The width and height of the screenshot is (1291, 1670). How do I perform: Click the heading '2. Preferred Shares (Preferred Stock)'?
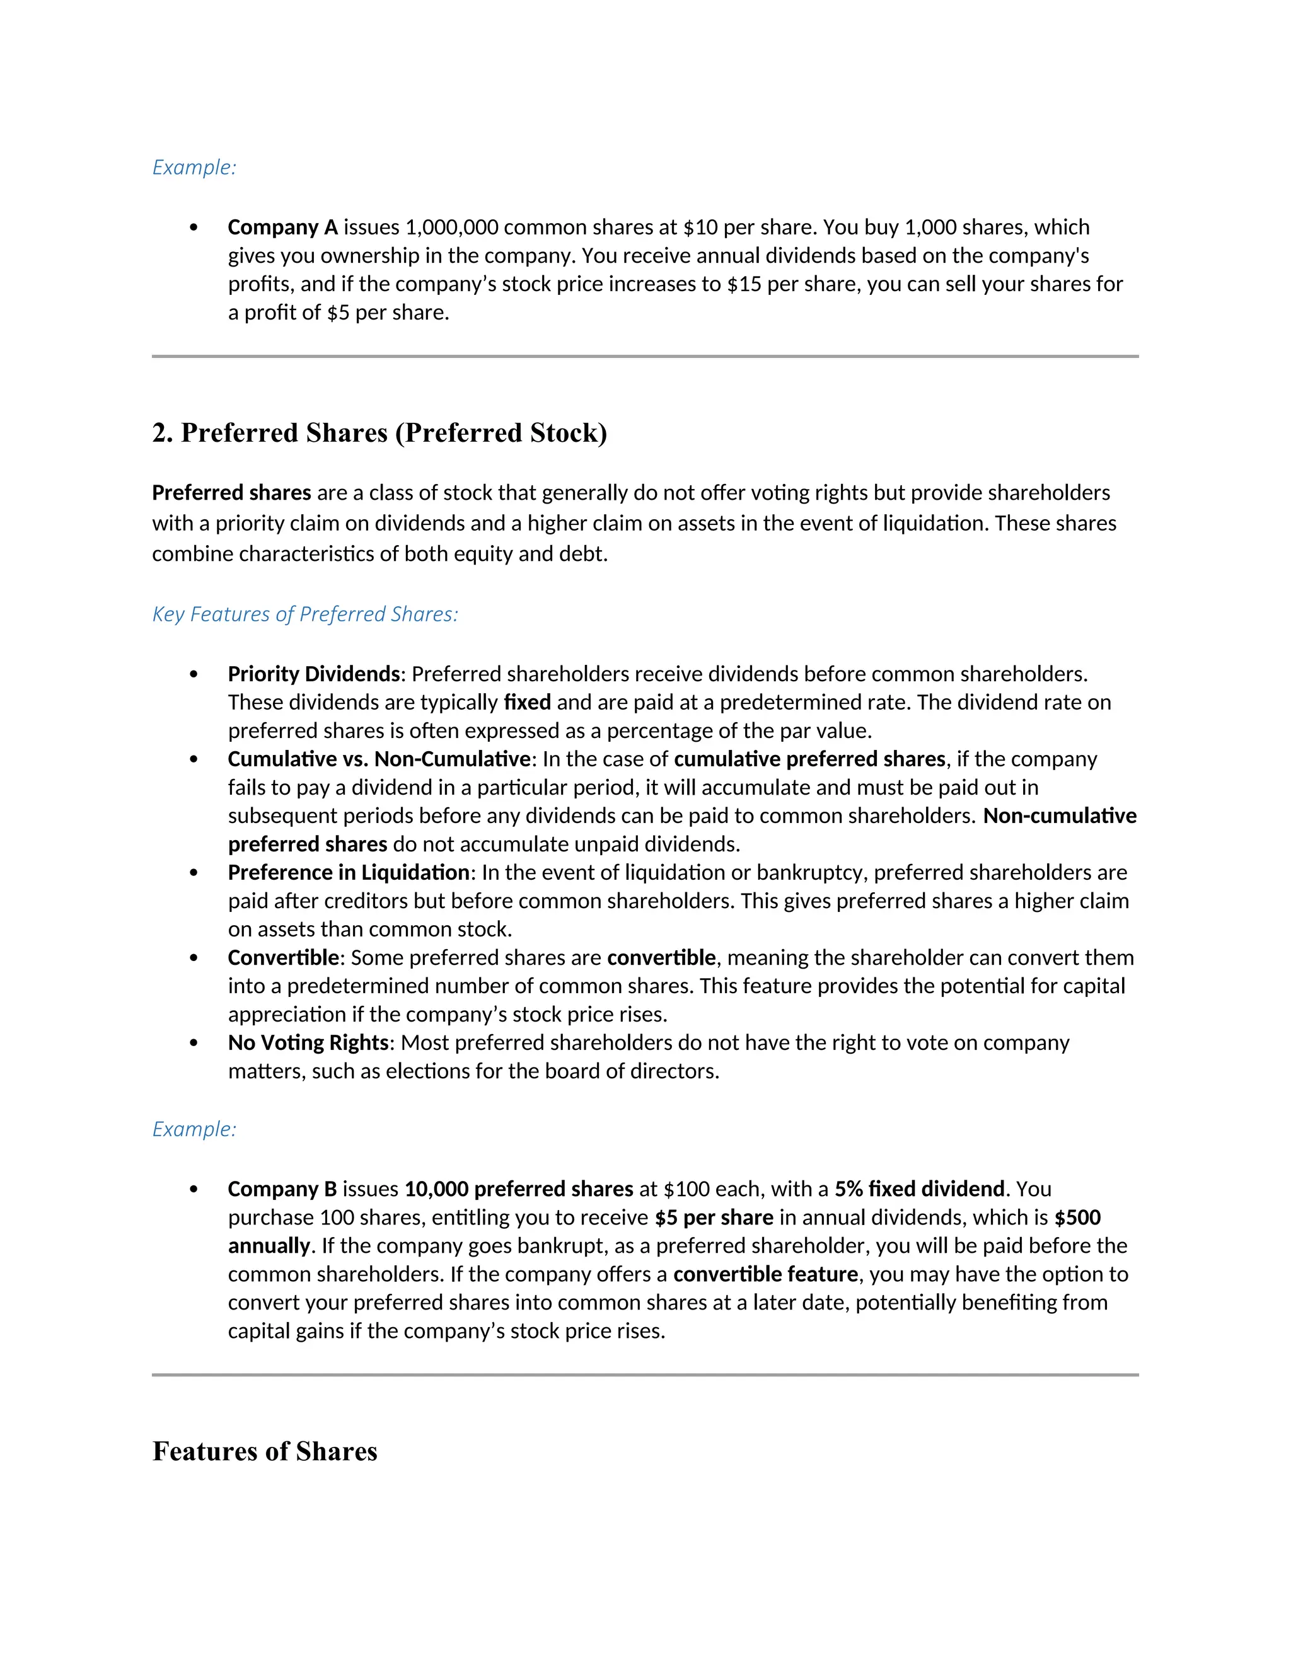(x=379, y=433)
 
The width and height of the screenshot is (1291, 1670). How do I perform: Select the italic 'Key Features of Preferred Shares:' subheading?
(x=305, y=614)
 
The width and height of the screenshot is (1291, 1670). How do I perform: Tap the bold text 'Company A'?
(x=282, y=227)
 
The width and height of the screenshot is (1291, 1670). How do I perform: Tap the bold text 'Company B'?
(x=282, y=1189)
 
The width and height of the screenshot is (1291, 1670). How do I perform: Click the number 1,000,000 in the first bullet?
(x=451, y=227)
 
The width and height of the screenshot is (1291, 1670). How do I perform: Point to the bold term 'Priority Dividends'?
(x=313, y=674)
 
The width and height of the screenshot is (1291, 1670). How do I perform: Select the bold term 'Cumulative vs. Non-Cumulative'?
(x=379, y=759)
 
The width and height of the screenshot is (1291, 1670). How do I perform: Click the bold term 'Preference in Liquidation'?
(x=349, y=872)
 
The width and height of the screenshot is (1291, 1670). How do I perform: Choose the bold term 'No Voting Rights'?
(x=308, y=1043)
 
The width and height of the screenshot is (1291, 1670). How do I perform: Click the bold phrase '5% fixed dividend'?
(x=919, y=1189)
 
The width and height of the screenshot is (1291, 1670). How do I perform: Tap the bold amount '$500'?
(x=1077, y=1218)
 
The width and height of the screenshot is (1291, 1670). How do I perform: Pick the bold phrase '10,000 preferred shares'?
(x=519, y=1189)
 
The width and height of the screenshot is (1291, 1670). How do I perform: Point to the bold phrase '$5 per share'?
(x=714, y=1218)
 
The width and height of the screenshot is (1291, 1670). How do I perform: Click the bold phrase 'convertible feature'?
(x=765, y=1274)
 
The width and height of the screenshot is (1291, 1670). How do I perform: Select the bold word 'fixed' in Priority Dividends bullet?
(x=527, y=702)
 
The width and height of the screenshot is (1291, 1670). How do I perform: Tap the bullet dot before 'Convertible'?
(x=194, y=958)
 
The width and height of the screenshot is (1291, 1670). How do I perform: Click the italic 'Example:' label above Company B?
(x=194, y=1129)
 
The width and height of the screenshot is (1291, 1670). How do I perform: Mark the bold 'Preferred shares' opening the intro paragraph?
(x=231, y=492)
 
